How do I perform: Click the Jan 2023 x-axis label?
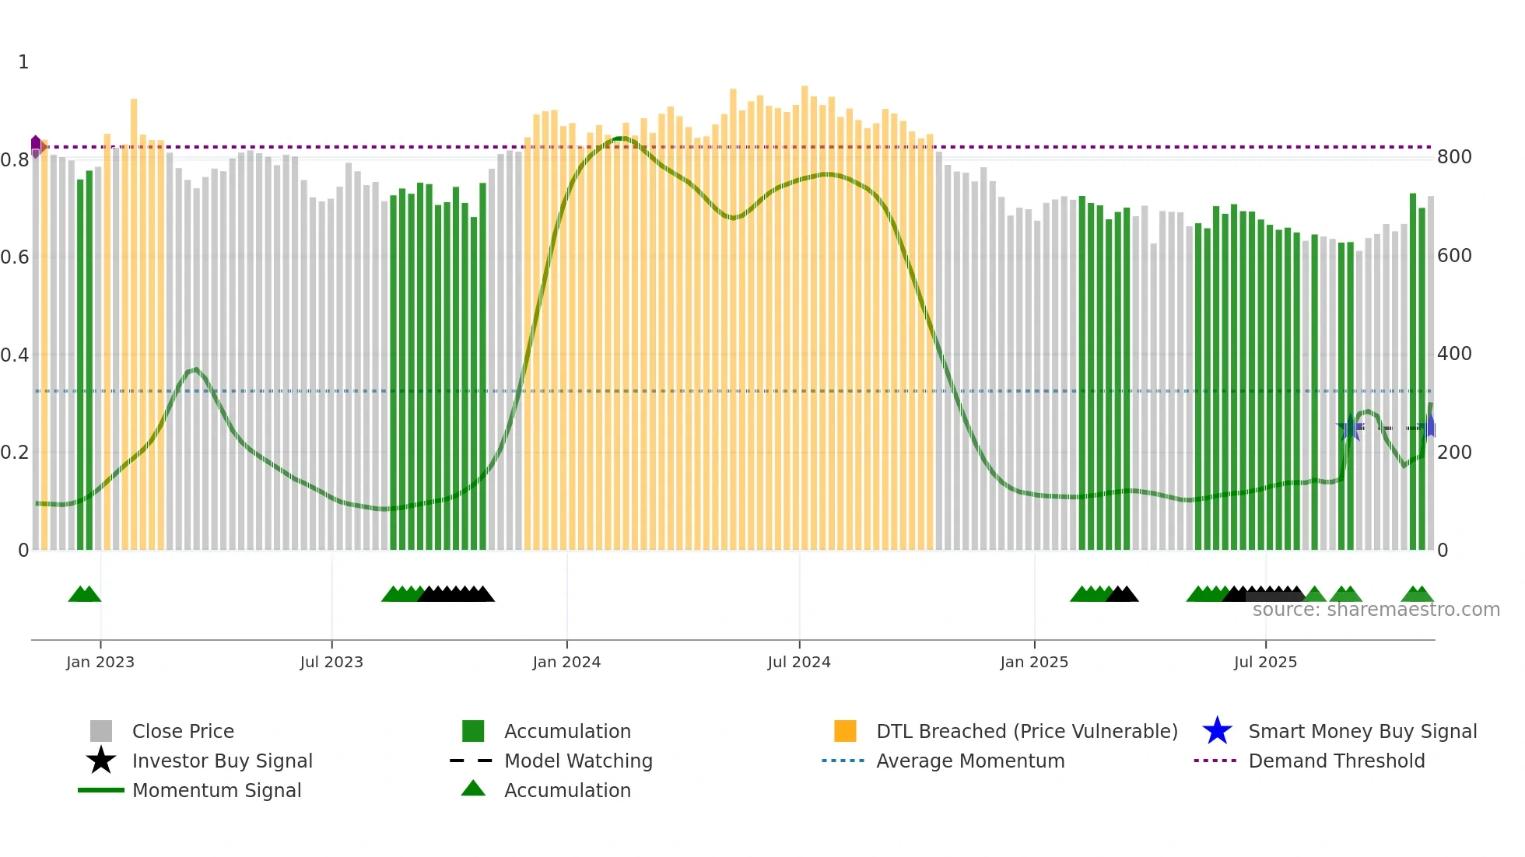[100, 662]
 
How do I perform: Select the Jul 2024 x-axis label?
[798, 662]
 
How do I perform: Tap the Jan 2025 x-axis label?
[1033, 662]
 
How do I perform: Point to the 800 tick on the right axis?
[1453, 157]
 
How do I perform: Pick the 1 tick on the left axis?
[23, 62]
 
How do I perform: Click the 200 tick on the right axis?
[1453, 453]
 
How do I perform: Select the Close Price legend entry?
[183, 731]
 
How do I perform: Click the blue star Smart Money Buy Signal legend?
[1217, 731]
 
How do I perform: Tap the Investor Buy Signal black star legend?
[101, 761]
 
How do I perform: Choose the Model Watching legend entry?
[577, 761]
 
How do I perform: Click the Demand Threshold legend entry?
[1336, 761]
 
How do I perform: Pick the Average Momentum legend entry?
[969, 761]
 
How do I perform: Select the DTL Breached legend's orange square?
[845, 731]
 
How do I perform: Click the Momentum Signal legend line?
[101, 790]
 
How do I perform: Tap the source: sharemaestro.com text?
[1376, 610]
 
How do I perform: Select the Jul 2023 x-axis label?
[331, 662]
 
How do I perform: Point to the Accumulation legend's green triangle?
[473, 789]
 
